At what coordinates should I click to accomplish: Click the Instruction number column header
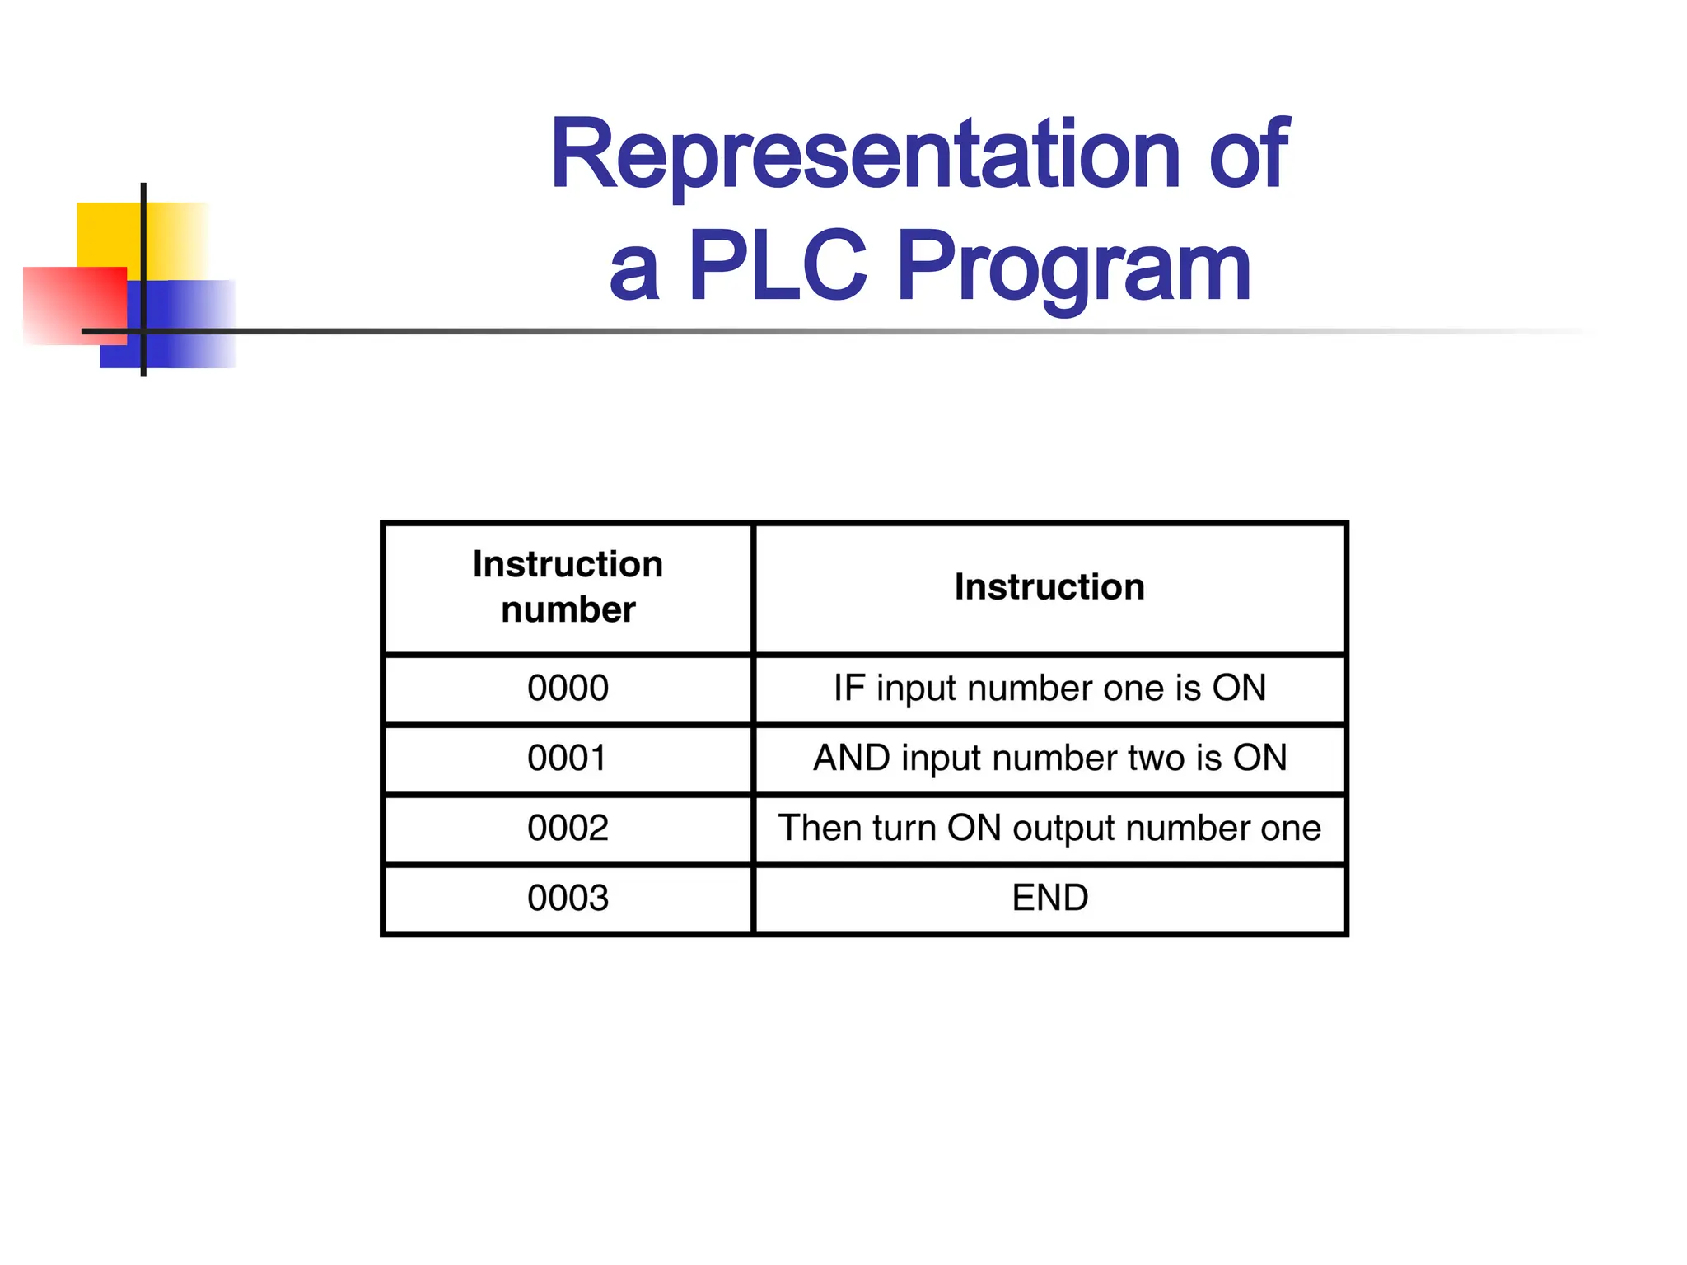click(568, 587)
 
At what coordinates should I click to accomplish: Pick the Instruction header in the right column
click(1049, 587)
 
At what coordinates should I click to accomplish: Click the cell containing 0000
click(568, 689)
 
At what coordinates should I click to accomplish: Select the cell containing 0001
click(568, 759)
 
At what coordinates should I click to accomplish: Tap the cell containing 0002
click(568, 829)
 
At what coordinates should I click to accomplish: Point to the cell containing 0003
click(568, 899)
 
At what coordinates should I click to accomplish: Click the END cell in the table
click(1049, 898)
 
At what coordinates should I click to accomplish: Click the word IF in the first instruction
click(848, 689)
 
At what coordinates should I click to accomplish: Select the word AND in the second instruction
click(852, 759)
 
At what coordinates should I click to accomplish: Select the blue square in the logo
click(189, 325)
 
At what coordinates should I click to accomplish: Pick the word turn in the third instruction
click(904, 829)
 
